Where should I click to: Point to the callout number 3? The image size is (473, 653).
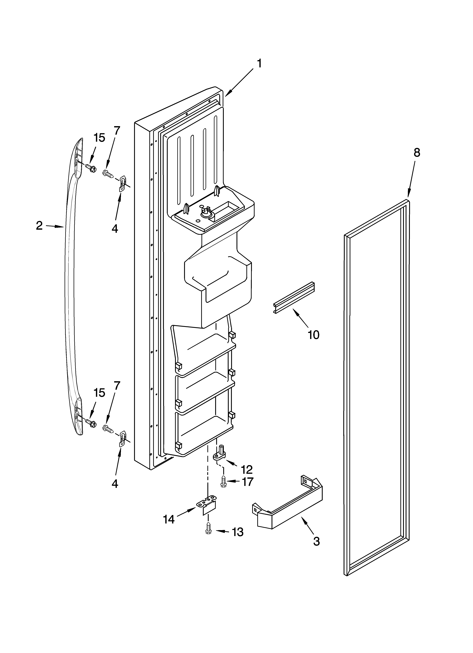point(316,542)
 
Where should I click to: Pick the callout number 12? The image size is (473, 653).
point(247,470)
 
